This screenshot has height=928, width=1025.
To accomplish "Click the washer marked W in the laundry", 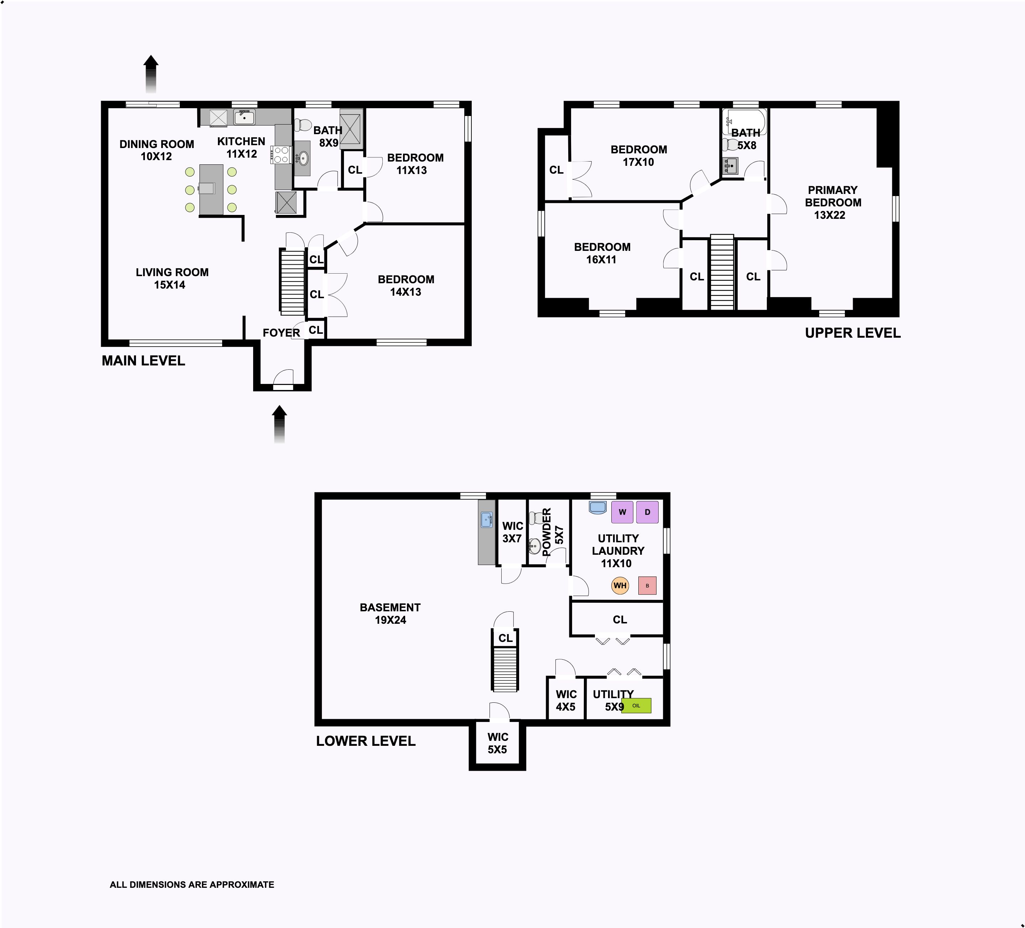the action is (622, 512).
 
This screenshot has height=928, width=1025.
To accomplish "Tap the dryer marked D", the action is (647, 512).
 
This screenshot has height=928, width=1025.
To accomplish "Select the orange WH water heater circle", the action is (620, 585).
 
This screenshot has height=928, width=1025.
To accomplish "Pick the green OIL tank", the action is (636, 705).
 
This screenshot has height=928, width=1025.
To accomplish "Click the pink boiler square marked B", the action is (647, 585).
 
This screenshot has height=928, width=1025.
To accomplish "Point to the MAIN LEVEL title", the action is (143, 361).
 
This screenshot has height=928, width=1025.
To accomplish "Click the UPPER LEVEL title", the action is (853, 333).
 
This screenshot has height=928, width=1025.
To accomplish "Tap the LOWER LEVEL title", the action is (366, 741).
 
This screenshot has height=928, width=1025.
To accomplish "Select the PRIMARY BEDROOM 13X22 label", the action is (833, 202).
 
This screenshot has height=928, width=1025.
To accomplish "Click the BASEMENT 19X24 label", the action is (390, 613).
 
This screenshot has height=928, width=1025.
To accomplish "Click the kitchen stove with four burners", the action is (282, 154).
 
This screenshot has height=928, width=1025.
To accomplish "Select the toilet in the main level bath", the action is (303, 125).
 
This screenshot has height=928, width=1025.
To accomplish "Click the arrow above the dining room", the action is (151, 74).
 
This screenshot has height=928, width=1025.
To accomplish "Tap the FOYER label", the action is (281, 333).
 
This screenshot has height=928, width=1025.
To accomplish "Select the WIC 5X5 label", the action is (497, 743).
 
